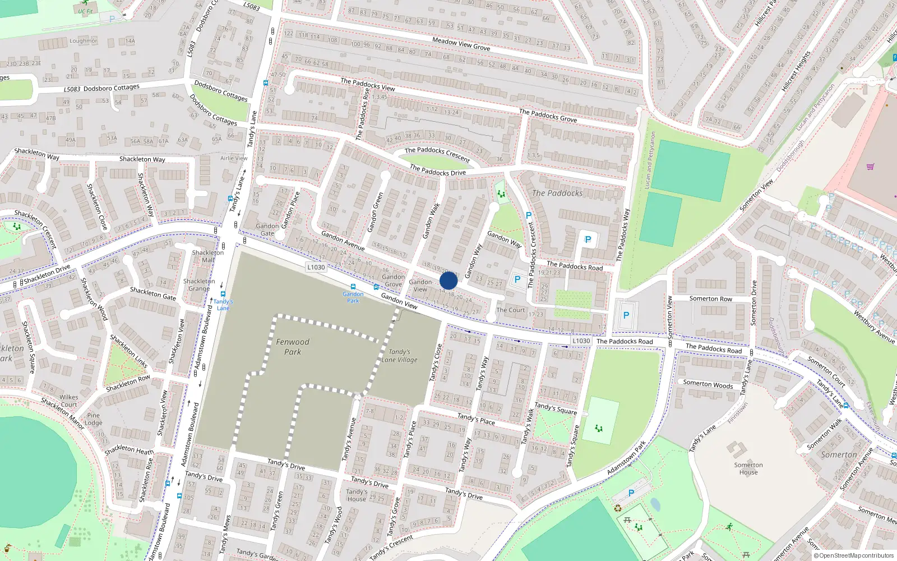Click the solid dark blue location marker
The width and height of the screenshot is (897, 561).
click(x=449, y=280)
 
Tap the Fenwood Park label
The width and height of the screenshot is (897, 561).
click(x=293, y=347)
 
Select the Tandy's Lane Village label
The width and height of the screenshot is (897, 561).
click(x=399, y=356)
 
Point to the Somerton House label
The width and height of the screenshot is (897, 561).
click(x=748, y=468)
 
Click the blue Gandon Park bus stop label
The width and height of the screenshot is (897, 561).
click(x=353, y=297)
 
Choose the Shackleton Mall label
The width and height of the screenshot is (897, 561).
click(x=208, y=256)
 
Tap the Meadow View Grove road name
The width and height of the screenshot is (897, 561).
click(x=461, y=44)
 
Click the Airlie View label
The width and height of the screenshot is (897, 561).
click(x=234, y=158)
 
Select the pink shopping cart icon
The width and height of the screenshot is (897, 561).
click(x=870, y=167)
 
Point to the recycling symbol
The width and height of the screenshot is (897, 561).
click(x=618, y=508)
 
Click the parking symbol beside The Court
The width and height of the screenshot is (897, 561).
click(x=517, y=279)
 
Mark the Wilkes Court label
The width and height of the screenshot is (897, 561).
click(x=69, y=401)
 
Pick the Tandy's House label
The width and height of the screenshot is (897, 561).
click(x=357, y=495)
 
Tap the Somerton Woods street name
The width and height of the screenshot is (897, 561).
click(x=708, y=384)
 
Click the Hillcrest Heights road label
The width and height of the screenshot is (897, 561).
click(x=796, y=71)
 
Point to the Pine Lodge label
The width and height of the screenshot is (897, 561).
click(x=93, y=419)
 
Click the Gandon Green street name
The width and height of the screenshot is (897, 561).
click(x=375, y=213)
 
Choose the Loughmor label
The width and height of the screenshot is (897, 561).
click(x=84, y=41)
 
